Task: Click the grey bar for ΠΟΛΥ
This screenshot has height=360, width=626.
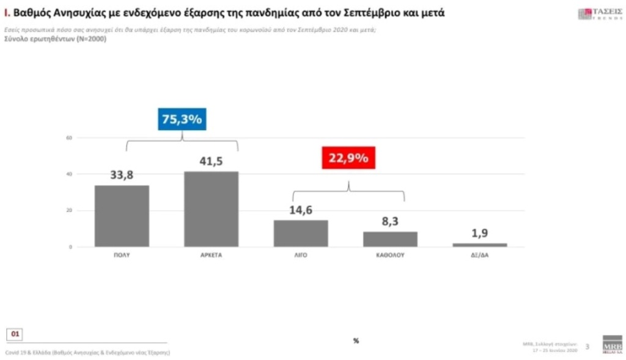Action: click(x=122, y=216)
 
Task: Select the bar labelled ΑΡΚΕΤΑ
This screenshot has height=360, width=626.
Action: click(x=211, y=209)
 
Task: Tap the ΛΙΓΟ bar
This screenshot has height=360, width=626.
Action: click(x=301, y=233)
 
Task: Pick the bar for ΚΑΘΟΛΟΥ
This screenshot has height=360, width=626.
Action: click(x=390, y=239)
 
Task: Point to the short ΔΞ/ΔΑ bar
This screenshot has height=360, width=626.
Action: click(x=480, y=244)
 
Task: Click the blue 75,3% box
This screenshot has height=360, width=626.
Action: click(x=182, y=119)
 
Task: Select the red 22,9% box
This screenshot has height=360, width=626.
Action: click(x=348, y=158)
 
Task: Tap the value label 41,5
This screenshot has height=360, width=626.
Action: click(x=211, y=161)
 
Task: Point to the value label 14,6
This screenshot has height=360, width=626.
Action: click(x=301, y=210)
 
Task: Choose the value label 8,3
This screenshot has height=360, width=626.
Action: click(x=390, y=222)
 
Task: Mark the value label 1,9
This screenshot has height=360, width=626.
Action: click(x=480, y=233)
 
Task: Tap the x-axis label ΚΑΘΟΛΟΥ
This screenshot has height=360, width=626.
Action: click(x=390, y=255)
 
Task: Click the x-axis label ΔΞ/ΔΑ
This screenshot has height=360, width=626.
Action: click(x=480, y=255)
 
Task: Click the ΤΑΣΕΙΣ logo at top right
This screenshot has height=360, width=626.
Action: click(x=592, y=14)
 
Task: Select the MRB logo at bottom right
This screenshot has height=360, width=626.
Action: click(x=612, y=343)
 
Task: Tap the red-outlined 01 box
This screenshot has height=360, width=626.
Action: click(x=15, y=334)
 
